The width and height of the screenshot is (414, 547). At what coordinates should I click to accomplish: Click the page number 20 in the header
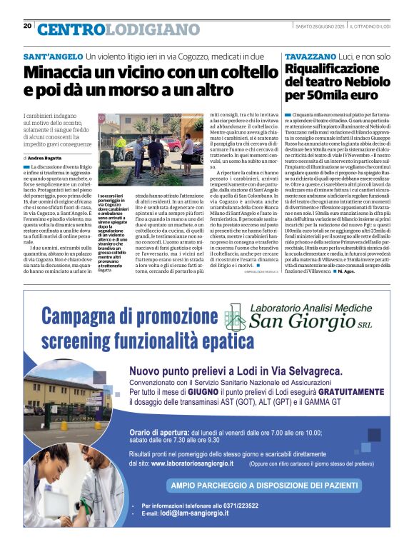(x=28, y=26)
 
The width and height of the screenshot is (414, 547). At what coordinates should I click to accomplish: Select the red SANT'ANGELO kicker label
(x=53, y=56)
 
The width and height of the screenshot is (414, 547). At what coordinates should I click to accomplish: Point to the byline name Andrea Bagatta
(x=46, y=157)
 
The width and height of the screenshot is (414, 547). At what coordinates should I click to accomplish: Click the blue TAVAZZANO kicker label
(x=310, y=56)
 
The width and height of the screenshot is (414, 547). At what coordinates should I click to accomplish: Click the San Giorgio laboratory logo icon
(x=229, y=314)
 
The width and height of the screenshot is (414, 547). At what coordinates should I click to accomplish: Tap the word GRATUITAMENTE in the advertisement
(x=336, y=393)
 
